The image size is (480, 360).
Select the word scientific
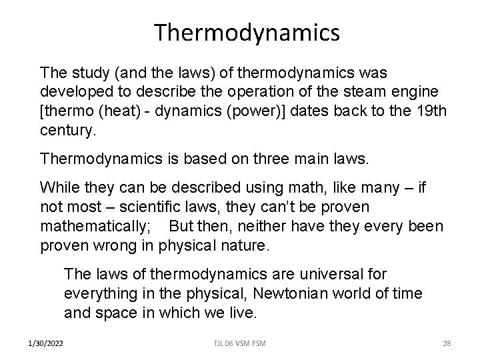coord(142,207)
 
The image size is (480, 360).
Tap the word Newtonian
coord(292,293)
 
